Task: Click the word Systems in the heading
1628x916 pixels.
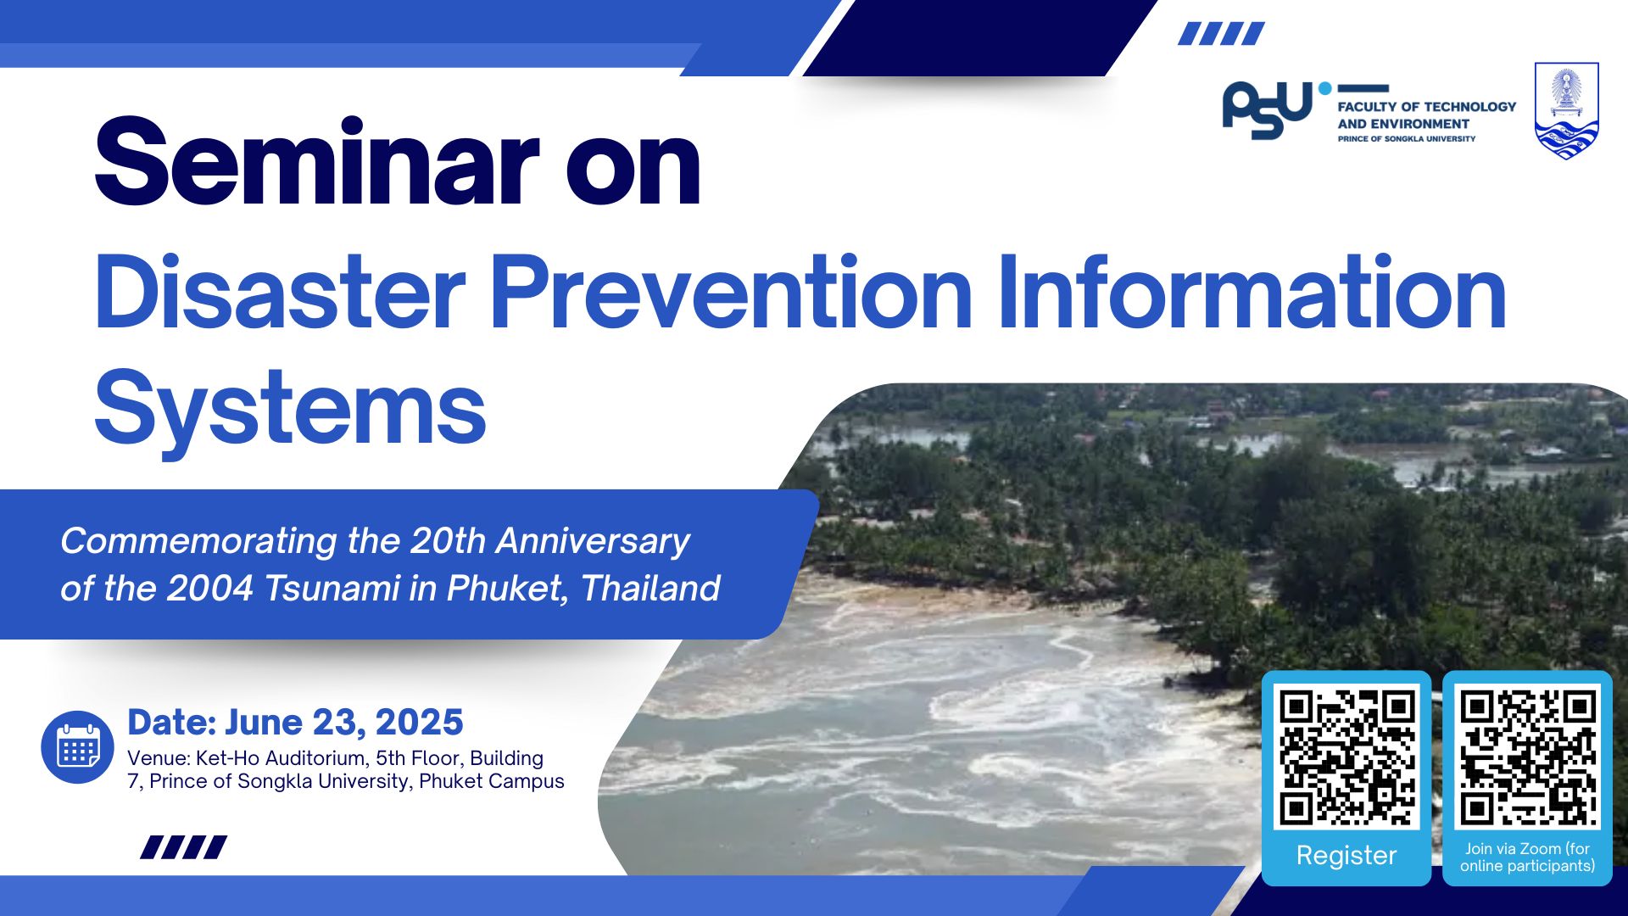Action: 290,410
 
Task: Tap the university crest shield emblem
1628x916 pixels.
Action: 1567,111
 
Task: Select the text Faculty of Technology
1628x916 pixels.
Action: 1427,107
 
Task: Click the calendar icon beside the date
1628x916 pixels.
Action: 77,747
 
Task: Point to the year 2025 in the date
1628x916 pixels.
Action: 419,723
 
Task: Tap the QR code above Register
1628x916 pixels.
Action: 1346,756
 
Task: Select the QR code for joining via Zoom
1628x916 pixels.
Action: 1527,756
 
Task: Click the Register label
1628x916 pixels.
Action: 1346,855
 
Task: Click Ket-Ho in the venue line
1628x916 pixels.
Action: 227,758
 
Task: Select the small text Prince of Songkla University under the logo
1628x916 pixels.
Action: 1407,138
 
